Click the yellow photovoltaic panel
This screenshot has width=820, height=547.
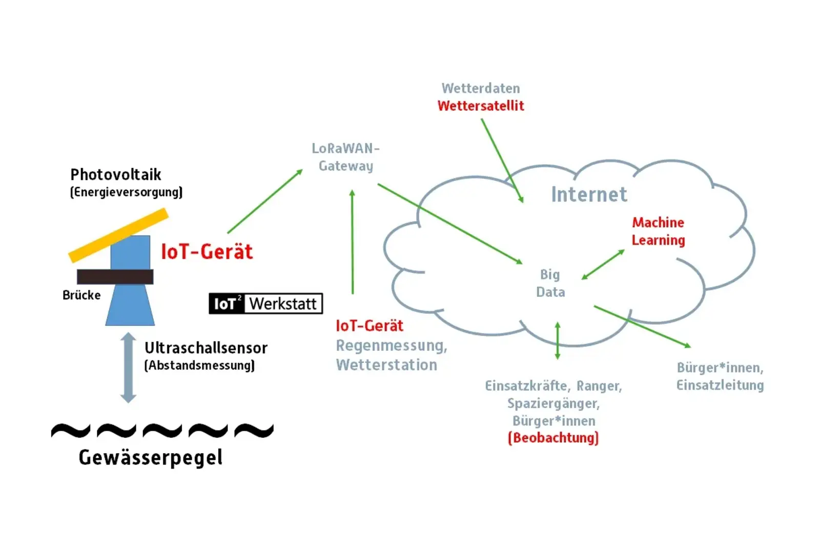point(119,235)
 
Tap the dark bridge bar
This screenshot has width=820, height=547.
point(115,277)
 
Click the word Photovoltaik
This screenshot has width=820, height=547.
point(116,175)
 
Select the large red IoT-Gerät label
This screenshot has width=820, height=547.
point(207,252)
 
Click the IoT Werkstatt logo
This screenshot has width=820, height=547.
point(265,303)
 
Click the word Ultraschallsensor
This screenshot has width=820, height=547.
point(206,348)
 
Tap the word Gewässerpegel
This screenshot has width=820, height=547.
point(150,457)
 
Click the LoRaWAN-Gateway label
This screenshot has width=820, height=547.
point(346,157)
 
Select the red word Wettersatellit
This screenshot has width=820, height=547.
point(480,106)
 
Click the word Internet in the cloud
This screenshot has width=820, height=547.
point(589,195)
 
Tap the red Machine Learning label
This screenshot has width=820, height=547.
point(658,231)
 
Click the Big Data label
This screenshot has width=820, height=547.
point(550,283)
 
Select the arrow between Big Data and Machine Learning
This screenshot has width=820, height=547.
point(603,265)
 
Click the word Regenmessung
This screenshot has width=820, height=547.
point(391,346)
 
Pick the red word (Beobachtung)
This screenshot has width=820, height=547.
point(553,438)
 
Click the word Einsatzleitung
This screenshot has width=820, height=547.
point(720,385)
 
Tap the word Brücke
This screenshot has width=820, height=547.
point(81,295)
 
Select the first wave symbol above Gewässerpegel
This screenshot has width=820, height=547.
point(71,431)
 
